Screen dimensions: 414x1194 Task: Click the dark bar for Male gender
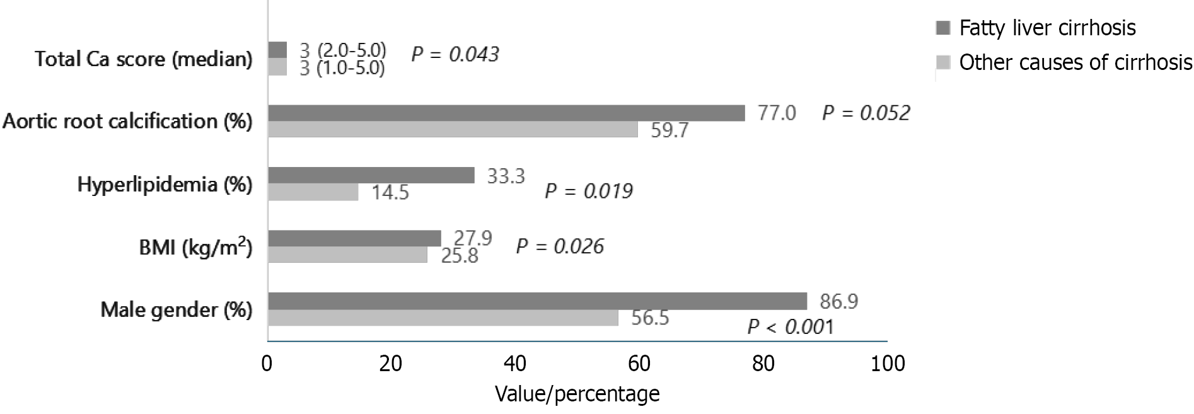coord(537,301)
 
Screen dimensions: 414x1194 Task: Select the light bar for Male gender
coord(443,318)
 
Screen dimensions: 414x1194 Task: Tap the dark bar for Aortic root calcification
coord(506,113)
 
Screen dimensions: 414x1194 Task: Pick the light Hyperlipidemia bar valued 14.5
coord(313,192)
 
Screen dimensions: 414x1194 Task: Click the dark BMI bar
coord(354,238)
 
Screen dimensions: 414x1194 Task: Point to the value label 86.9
coord(838,302)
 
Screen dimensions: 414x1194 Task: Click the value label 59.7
coord(669,130)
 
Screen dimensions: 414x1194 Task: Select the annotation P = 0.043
coord(455,54)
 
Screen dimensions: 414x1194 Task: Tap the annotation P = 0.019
coord(588,191)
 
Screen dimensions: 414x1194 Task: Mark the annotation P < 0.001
coord(790,326)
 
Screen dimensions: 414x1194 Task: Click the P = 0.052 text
coord(866,113)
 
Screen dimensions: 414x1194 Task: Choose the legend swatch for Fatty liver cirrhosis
coord(943,28)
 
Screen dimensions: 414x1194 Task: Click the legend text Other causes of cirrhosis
coord(1075,62)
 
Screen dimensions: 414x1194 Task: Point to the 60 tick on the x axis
coord(640,364)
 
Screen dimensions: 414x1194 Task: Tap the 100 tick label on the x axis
coord(886,364)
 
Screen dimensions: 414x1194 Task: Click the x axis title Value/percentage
coord(577,394)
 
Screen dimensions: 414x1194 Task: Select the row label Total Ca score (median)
coord(144,59)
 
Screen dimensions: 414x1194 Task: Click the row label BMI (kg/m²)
coord(195,248)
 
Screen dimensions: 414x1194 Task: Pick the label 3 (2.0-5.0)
coord(342,50)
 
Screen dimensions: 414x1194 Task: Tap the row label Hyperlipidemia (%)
coord(165,185)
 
